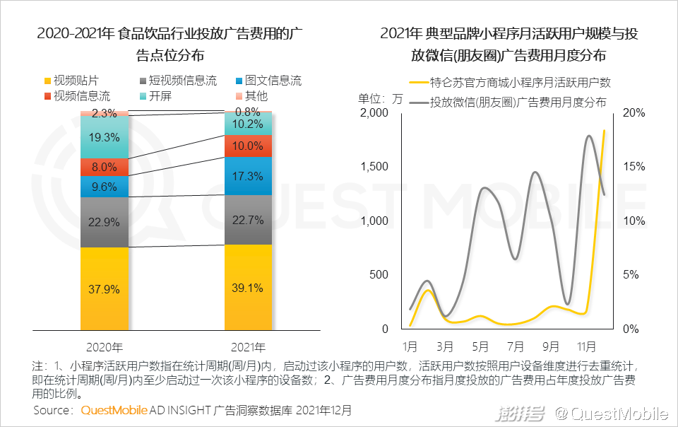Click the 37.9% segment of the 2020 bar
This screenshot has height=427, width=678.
pos(104,289)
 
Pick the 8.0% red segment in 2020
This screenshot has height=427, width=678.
pos(104,168)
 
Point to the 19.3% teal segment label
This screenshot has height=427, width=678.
pos(104,137)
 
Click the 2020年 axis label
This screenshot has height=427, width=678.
pos(105,347)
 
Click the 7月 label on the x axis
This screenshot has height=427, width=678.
pos(516,347)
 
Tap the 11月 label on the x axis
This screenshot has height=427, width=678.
pos(586,347)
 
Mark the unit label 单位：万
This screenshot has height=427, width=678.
pos(381,98)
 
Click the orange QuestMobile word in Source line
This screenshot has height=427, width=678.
pos(114,410)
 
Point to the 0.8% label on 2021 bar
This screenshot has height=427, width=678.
pos(248,112)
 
